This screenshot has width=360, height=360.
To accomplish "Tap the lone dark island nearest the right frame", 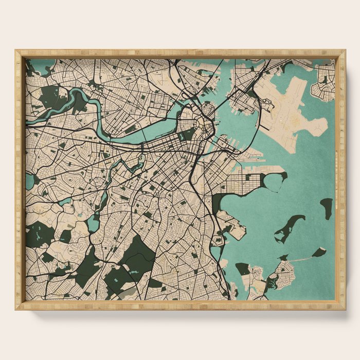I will click(x=327, y=207).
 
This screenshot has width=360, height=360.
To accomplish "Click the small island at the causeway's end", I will click(x=319, y=252).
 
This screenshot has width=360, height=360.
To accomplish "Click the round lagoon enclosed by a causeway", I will click(x=275, y=181).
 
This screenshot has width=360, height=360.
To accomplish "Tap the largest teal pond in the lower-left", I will click(x=93, y=222).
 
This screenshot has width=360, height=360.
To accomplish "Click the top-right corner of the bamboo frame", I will click(x=344, y=51).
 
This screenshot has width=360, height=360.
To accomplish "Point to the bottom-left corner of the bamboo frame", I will click(x=17, y=308).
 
